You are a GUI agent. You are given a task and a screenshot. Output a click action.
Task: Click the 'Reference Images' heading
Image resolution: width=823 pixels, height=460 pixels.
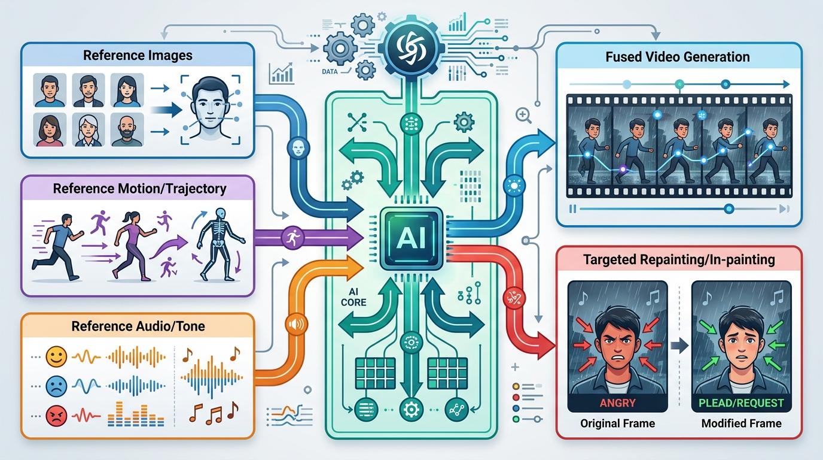[138, 56]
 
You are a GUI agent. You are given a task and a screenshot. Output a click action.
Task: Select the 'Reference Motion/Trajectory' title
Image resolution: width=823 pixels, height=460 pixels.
[139, 189]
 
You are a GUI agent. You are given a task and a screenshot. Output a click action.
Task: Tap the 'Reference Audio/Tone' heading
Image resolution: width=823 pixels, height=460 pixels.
[138, 326]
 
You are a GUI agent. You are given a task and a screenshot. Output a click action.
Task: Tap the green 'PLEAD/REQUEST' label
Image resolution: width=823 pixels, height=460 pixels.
[742, 402]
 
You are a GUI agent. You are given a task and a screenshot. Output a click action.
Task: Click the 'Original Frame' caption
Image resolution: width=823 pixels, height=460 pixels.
[617, 423]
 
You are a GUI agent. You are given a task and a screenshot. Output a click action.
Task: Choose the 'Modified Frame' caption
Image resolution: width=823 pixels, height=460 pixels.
[742, 423]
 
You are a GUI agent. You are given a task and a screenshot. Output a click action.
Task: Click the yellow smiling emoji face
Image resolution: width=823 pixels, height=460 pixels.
[55, 358]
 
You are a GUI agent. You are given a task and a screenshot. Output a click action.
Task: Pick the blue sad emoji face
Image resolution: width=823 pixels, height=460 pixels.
[55, 385]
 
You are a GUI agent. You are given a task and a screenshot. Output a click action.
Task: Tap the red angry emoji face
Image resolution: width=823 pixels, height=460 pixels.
[55, 413]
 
